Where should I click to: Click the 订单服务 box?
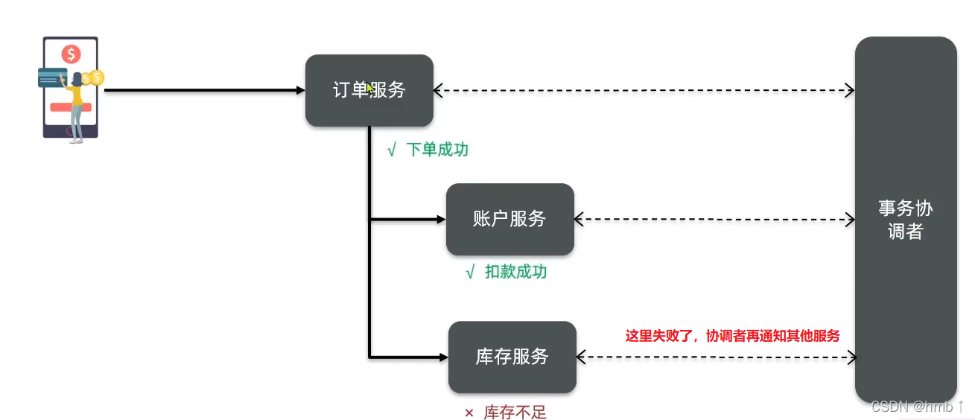click(369, 90)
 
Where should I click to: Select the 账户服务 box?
click(509, 219)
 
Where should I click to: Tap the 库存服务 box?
click(512, 357)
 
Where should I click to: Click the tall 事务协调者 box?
click(905, 220)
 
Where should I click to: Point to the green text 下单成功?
click(437, 150)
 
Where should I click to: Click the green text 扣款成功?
click(515, 272)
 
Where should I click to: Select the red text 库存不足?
click(515, 413)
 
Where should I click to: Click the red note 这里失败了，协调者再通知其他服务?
click(732, 336)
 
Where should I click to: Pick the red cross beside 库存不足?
click(469, 413)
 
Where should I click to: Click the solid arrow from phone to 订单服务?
click(201, 90)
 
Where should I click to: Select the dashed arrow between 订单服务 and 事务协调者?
click(644, 91)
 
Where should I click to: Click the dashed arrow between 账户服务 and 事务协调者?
click(714, 219)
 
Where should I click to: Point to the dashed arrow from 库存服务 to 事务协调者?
click(716, 357)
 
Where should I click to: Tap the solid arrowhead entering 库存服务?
click(443, 357)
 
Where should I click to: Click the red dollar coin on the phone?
click(72, 54)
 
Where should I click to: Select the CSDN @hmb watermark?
click(917, 407)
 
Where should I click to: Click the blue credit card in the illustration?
click(52, 77)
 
